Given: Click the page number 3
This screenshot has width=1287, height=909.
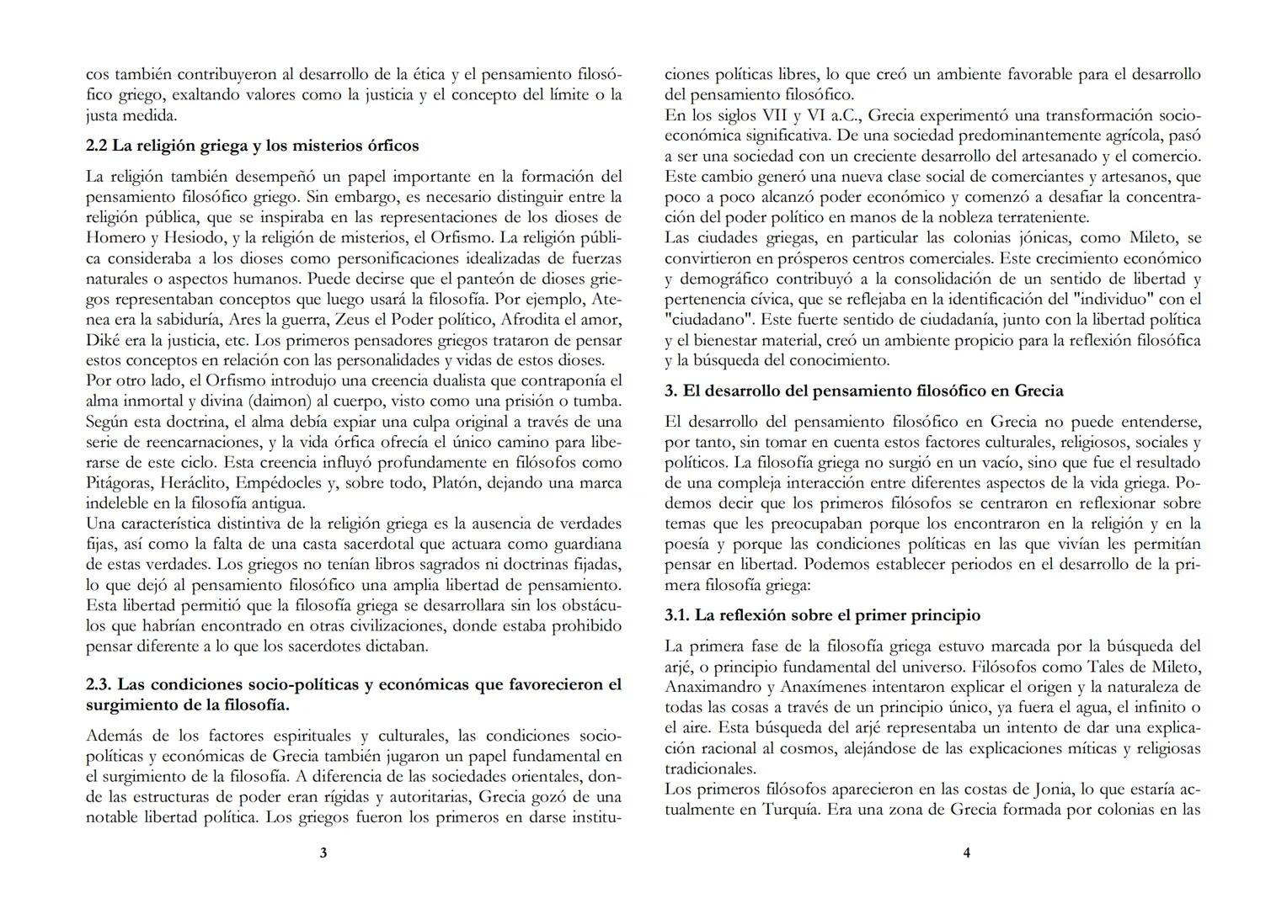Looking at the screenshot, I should pos(323,853).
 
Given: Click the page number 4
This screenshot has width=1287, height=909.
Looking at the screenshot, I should pos(966,853).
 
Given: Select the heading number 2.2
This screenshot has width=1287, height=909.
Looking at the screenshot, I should pos(97,146).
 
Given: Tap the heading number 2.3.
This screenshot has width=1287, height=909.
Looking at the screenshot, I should pos(99,684).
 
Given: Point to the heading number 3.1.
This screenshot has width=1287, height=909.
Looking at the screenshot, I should pos(677,615).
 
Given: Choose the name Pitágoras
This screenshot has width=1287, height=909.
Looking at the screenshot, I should pos(120,483).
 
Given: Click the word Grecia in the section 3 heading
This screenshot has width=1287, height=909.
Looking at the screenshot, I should pos(1039,391).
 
